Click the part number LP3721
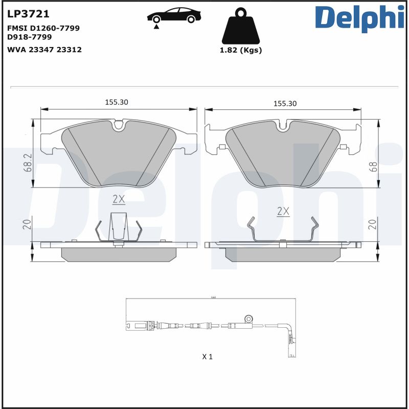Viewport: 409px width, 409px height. tap(28, 14)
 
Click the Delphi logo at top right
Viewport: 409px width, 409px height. tap(358, 18)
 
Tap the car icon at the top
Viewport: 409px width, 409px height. tap(173, 15)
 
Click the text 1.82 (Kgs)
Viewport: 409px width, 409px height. tap(240, 50)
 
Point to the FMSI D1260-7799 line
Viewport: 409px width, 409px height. tap(43, 28)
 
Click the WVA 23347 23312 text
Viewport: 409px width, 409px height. tap(44, 50)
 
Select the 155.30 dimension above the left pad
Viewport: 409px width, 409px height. tap(117, 102)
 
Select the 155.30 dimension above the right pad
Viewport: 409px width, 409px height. tap(285, 103)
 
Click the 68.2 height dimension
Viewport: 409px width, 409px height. tap(28, 162)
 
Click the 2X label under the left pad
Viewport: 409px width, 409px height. tap(119, 198)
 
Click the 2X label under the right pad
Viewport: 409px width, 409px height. tap(283, 211)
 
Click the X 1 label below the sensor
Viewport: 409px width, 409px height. tap(207, 356)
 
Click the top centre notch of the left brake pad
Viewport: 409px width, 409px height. tap(119, 124)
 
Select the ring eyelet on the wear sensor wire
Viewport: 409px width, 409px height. tap(249, 318)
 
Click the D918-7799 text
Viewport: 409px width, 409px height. tap(30, 37)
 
